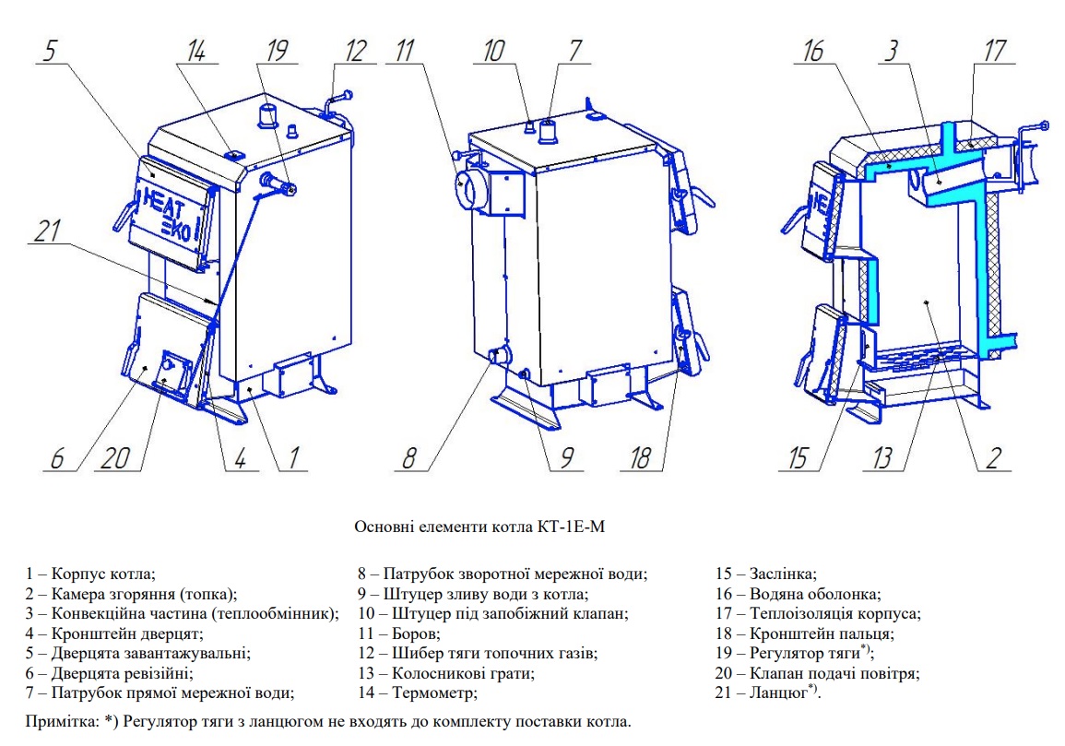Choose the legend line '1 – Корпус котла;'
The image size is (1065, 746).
pyautogui.click(x=90, y=574)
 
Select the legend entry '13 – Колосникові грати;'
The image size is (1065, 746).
pyautogui.click(x=446, y=672)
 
